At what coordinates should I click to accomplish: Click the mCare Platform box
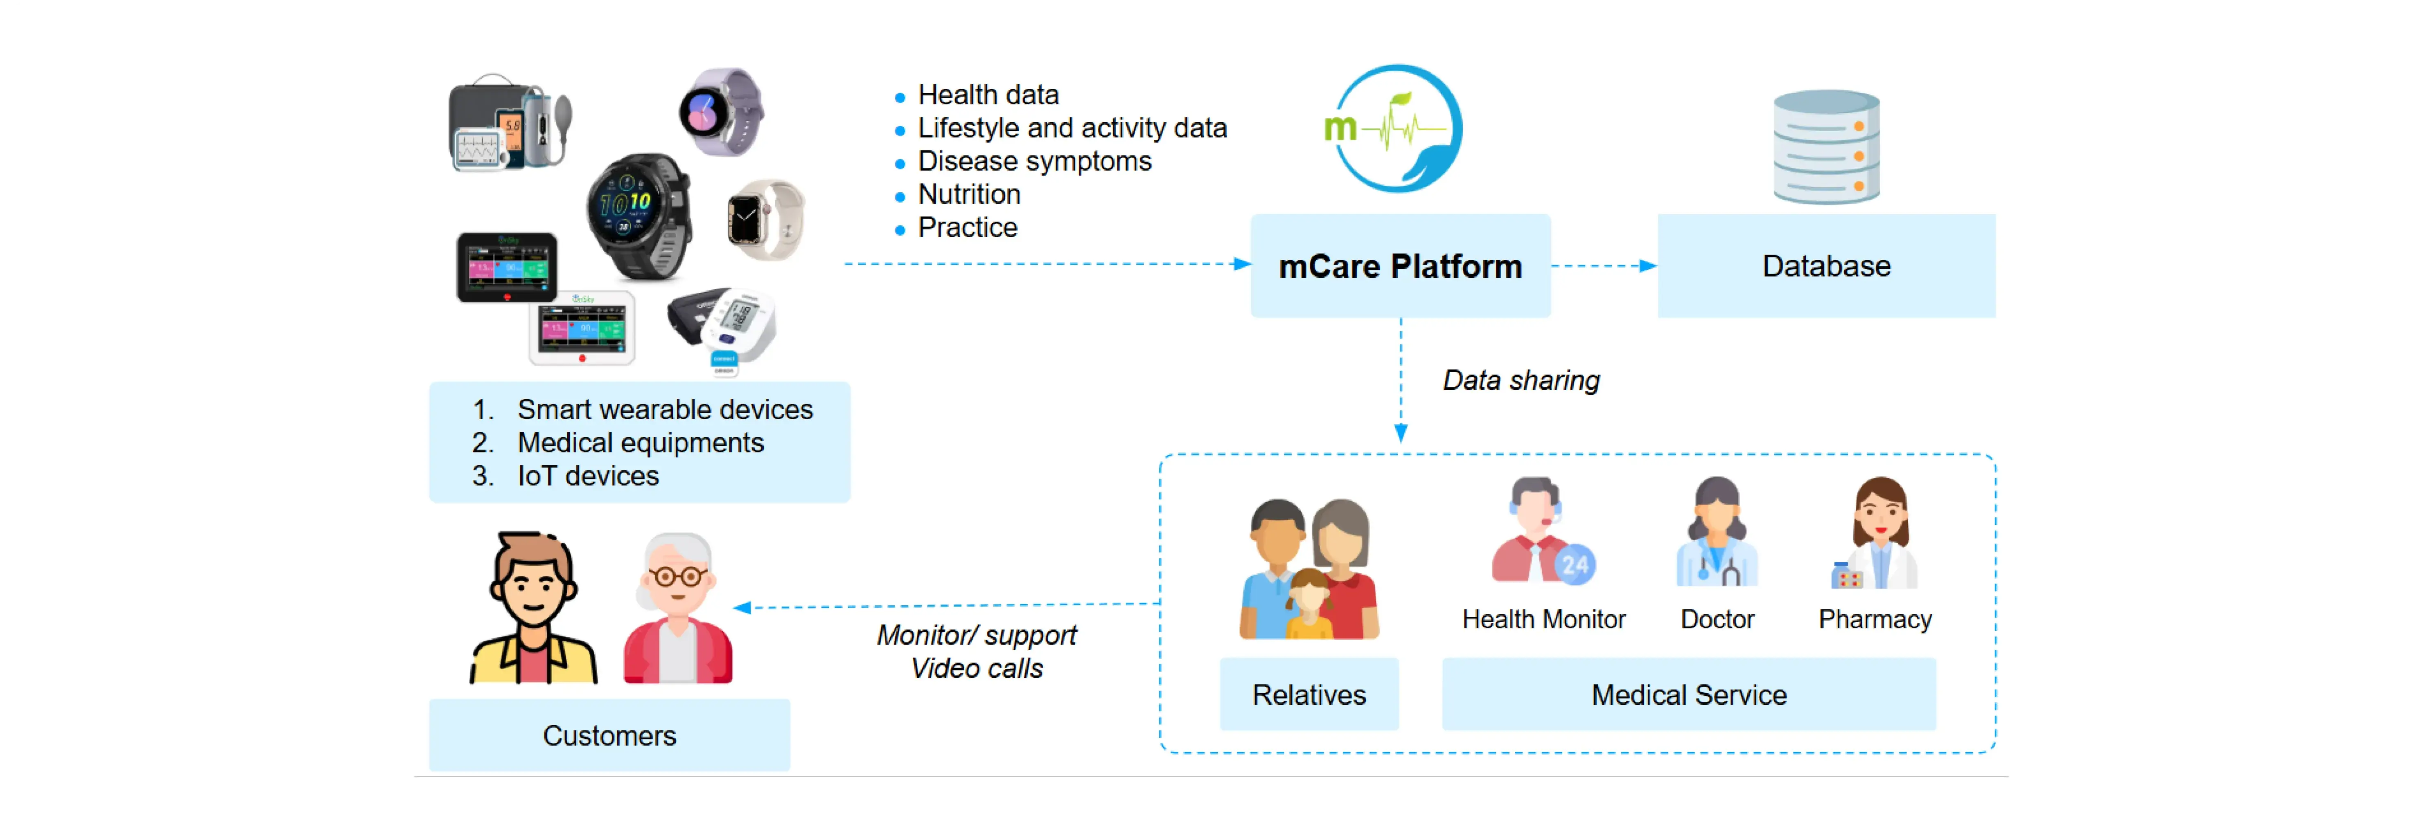pyautogui.click(x=1400, y=266)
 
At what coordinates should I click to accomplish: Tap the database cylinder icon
pyautogui.click(x=1826, y=147)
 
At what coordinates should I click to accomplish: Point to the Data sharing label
pyautogui.click(x=1521, y=381)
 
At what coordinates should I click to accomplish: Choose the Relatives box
pyautogui.click(x=1309, y=695)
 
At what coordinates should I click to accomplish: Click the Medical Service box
pyautogui.click(x=1688, y=695)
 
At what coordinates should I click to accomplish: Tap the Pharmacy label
pyautogui.click(x=1875, y=620)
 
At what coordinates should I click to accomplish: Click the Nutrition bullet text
pyautogui.click(x=969, y=195)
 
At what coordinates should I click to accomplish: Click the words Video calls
pyautogui.click(x=976, y=668)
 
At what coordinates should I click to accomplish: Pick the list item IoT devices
pyautogui.click(x=588, y=476)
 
